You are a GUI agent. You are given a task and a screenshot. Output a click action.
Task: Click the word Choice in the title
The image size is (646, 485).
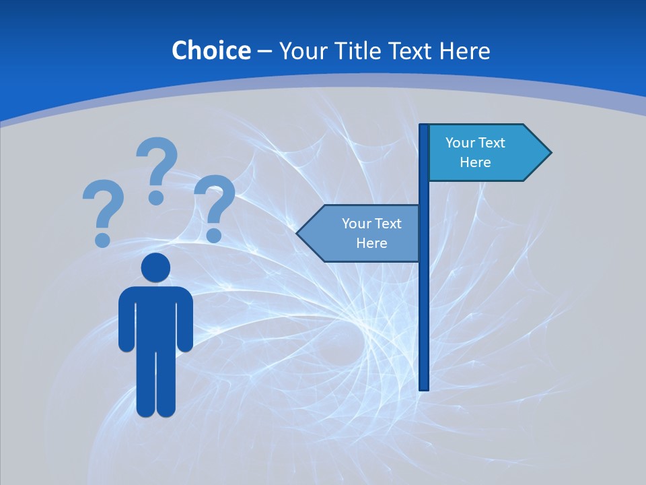(211, 51)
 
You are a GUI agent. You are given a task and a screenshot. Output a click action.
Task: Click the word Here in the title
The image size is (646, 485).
(464, 51)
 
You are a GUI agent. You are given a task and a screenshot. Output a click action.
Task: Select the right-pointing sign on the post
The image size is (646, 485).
(485, 153)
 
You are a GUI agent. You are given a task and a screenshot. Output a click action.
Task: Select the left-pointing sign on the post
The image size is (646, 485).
(363, 233)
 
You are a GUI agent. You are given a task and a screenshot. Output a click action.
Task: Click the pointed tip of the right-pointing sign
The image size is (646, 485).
(548, 153)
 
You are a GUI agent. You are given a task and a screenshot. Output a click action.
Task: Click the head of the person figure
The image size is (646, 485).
(155, 268)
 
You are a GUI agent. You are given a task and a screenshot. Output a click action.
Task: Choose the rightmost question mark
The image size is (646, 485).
(215, 202)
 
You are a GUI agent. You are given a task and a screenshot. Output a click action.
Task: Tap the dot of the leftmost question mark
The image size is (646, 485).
(102, 239)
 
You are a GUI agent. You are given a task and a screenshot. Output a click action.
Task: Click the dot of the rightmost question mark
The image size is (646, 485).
(214, 234)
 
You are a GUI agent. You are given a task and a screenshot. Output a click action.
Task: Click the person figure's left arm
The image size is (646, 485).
(127, 320)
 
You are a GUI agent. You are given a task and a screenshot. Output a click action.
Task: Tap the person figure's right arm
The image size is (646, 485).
(184, 320)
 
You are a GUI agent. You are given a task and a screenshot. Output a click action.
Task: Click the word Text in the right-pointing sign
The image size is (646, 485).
(491, 143)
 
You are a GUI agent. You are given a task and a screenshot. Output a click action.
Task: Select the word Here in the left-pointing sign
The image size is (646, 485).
(371, 243)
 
